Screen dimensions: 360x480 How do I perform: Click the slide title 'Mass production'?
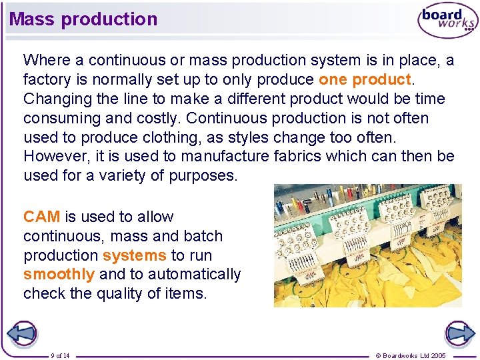tap(83, 19)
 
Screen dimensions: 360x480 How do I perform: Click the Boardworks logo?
tap(447, 21)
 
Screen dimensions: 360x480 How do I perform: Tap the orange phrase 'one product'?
tap(365, 80)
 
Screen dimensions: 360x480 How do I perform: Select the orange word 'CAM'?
tap(41, 217)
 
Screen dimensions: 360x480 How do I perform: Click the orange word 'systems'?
tap(134, 255)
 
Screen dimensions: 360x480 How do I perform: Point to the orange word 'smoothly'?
tap(59, 274)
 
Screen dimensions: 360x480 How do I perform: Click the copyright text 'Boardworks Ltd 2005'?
tap(414, 355)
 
